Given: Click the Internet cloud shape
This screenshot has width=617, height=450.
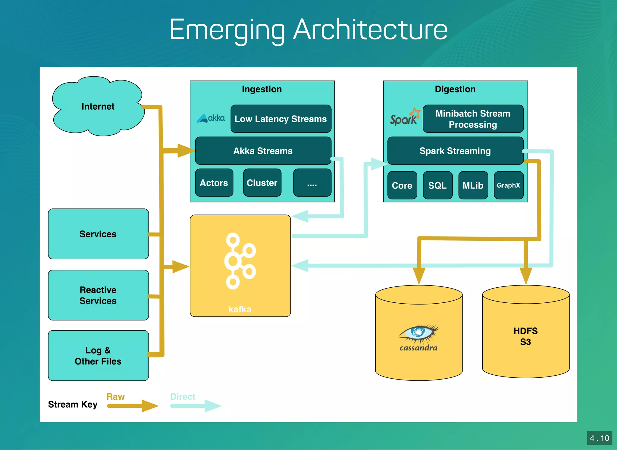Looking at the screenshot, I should [98, 106].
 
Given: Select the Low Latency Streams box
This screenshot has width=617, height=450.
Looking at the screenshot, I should [280, 119].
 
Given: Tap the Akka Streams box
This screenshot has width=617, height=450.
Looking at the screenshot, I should [263, 151].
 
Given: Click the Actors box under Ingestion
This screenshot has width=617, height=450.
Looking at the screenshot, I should [214, 183].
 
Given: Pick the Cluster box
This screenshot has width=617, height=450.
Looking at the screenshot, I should [262, 183].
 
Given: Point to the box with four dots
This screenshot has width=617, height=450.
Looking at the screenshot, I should [312, 183].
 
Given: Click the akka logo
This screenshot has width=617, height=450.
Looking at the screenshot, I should [211, 118].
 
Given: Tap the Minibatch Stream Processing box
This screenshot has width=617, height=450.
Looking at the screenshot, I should [473, 119].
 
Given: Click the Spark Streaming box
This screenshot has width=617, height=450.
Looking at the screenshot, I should [455, 151].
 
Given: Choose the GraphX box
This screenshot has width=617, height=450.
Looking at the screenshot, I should [508, 185].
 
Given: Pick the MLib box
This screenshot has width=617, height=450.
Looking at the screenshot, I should [473, 185].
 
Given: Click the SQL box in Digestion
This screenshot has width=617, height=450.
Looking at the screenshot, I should [437, 185].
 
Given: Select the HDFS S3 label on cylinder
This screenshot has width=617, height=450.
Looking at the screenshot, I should [525, 336].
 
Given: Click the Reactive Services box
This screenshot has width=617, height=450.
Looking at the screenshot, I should [98, 295].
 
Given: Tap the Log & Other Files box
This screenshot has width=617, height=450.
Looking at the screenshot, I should [98, 356].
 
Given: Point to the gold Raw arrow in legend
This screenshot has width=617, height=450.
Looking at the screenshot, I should [133, 406].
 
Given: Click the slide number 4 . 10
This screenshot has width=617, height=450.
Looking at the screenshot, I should [599, 438].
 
